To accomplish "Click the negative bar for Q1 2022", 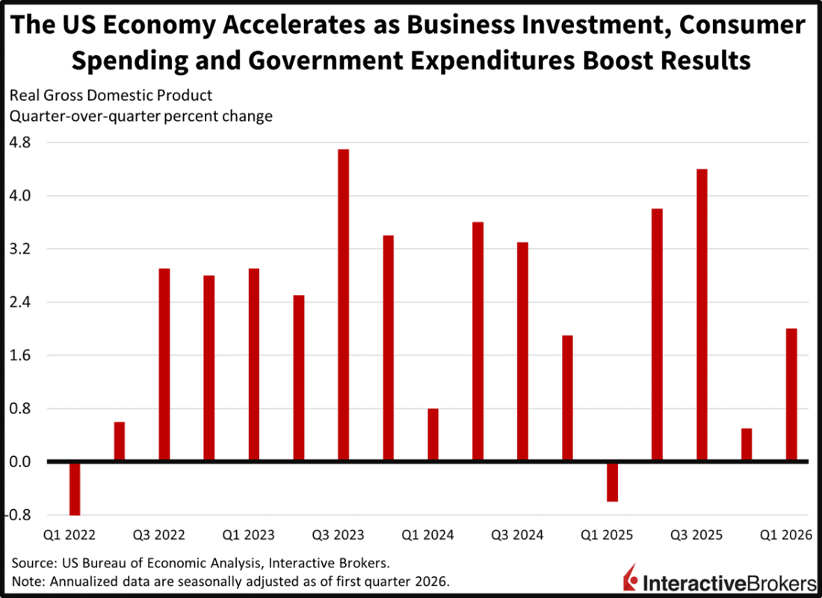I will (75, 488).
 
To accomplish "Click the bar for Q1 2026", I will (791, 395).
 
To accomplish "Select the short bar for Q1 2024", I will (433, 435).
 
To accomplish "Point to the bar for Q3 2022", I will (164, 365).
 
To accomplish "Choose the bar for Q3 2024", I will (522, 351).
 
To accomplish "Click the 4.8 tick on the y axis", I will (24, 142).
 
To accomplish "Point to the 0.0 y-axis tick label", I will (24, 462).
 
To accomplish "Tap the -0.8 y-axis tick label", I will (22, 515).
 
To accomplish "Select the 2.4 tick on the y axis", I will (24, 302).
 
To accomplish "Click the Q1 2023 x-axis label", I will (249, 535).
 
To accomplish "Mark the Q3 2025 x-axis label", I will (696, 535).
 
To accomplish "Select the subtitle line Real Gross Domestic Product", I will (111, 96).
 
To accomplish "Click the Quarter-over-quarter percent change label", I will (140, 117).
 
